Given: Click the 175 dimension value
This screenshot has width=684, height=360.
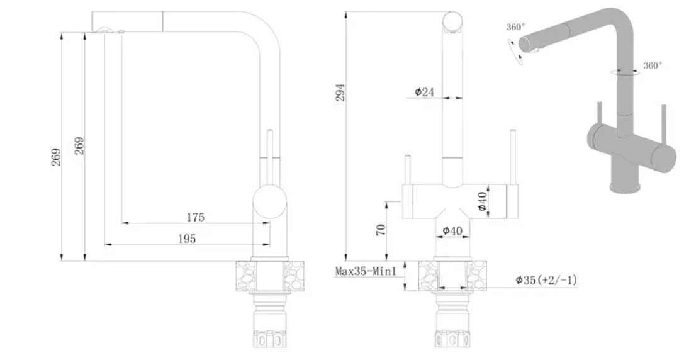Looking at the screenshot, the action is [x=196, y=217].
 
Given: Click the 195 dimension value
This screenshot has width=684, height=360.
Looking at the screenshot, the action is [x=187, y=239].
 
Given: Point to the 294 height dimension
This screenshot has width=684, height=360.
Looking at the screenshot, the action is [x=340, y=93].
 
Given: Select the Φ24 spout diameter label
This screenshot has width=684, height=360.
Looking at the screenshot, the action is [x=424, y=92].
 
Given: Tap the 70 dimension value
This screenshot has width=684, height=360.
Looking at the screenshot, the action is [x=381, y=230].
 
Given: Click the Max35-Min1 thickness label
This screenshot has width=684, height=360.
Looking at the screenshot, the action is [x=366, y=271].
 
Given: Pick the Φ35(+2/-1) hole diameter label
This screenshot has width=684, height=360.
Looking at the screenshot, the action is [x=546, y=279].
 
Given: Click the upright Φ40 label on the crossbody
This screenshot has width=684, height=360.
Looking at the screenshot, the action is [x=482, y=201].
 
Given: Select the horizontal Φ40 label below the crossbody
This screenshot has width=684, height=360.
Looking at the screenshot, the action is [x=452, y=230].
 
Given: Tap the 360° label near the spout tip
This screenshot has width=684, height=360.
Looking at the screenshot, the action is [x=515, y=27].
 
